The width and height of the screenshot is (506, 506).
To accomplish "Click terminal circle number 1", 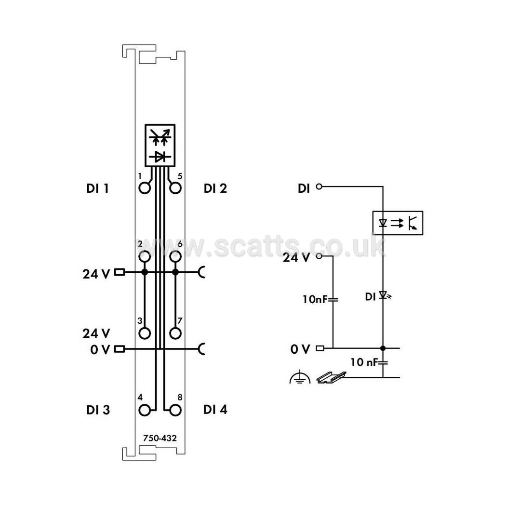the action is pos(145,188).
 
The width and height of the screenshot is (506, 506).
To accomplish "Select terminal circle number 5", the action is pos(175,188).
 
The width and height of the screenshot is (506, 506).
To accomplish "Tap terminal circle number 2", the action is pos(145,257).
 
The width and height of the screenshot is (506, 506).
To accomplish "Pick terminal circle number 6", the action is pos(175,257).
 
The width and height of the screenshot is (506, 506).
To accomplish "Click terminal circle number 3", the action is pos(145,333).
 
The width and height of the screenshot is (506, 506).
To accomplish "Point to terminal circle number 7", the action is pos(175,333).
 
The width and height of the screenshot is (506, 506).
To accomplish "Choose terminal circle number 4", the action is pos(145,411).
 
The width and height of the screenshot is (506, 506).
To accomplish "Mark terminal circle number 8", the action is pos(175,411).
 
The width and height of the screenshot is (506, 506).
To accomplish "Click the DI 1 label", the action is pos(97,188).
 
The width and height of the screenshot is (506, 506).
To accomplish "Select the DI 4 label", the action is pos(215,410).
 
